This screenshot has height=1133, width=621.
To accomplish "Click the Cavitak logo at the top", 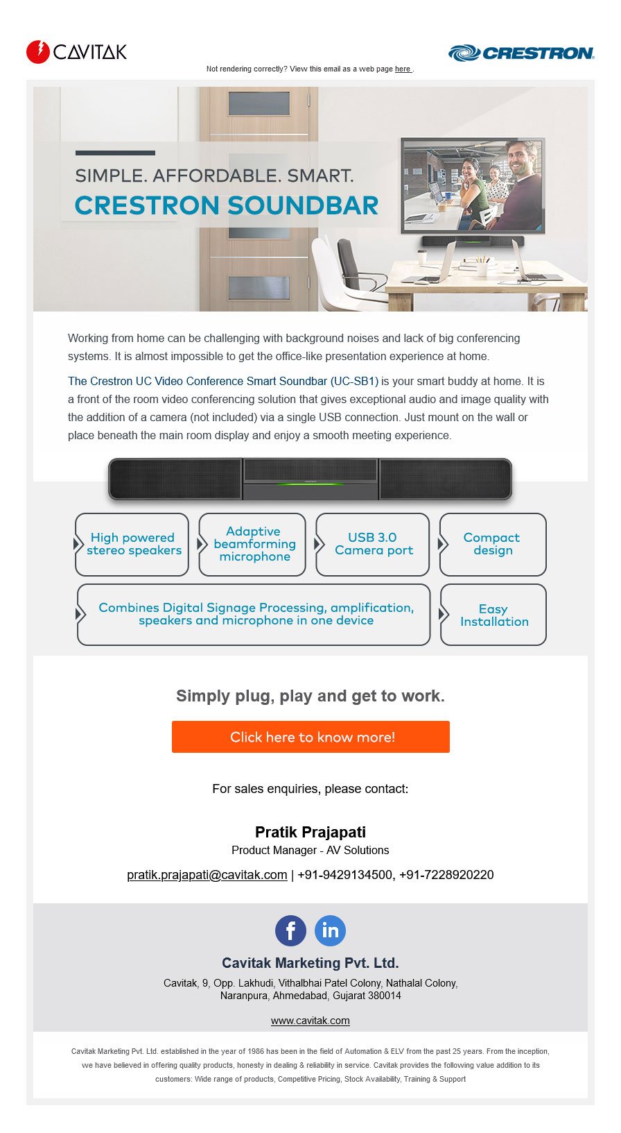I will pyautogui.click(x=76, y=52).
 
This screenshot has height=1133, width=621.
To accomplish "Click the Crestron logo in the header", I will pyautogui.click(x=521, y=53).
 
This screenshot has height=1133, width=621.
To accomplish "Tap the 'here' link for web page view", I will pyautogui.click(x=403, y=69).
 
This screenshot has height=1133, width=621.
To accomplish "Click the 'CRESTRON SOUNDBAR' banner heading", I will pyautogui.click(x=227, y=205).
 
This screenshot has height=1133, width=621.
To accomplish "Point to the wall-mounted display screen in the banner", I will pyautogui.click(x=473, y=185).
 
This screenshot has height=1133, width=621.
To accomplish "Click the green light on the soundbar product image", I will pyautogui.click(x=310, y=484).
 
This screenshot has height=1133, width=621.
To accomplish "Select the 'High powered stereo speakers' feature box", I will pyautogui.click(x=132, y=545).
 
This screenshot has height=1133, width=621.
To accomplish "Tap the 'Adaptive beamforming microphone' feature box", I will pyautogui.click(x=253, y=545).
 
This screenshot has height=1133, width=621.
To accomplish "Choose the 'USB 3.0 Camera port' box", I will pyautogui.click(x=373, y=545).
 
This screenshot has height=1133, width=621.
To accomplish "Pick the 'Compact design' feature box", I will pyautogui.click(x=493, y=545).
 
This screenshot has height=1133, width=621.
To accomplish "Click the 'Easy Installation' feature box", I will pyautogui.click(x=493, y=615).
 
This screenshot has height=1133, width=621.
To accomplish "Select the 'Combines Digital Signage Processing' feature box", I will pyautogui.click(x=255, y=615).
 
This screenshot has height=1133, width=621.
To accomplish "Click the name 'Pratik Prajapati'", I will pyautogui.click(x=310, y=832).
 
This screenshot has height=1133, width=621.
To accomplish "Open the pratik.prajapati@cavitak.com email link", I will pyautogui.click(x=207, y=875).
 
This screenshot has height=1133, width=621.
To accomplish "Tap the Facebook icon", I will pyautogui.click(x=290, y=930).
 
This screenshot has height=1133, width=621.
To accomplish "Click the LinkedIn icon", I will pyautogui.click(x=330, y=930).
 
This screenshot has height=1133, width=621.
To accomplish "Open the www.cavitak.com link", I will pyautogui.click(x=310, y=1021).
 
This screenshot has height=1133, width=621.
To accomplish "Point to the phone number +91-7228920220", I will pyautogui.click(x=446, y=875).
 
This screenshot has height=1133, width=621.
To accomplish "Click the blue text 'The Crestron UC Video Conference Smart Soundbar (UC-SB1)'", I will pyautogui.click(x=223, y=381).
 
